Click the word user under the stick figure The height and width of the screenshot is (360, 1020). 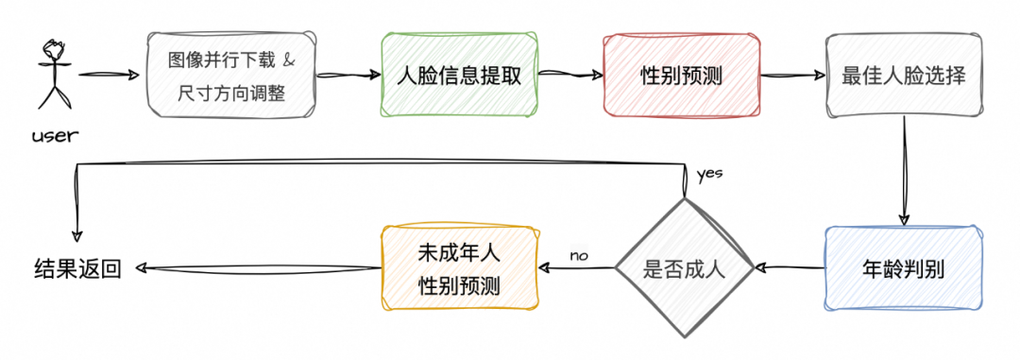point(55,136)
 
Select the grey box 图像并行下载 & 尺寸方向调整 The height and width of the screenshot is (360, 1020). point(231,75)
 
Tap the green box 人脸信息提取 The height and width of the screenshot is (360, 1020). point(459,75)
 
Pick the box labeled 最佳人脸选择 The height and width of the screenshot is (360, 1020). point(904,75)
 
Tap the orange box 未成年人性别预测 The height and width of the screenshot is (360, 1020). point(459,268)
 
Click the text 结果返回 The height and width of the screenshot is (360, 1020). point(77,268)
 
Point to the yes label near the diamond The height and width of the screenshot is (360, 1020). point(709,175)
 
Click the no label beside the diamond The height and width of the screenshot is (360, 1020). point(579,255)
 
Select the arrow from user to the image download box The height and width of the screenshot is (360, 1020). point(110,75)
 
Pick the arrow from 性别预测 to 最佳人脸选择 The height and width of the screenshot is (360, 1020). point(793,75)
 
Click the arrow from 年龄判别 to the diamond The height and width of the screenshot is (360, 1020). point(789,267)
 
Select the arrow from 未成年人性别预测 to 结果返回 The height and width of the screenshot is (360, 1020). point(257,267)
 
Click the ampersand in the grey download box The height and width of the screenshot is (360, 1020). point(290,60)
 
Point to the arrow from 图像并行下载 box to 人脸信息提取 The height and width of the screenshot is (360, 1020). point(348,75)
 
